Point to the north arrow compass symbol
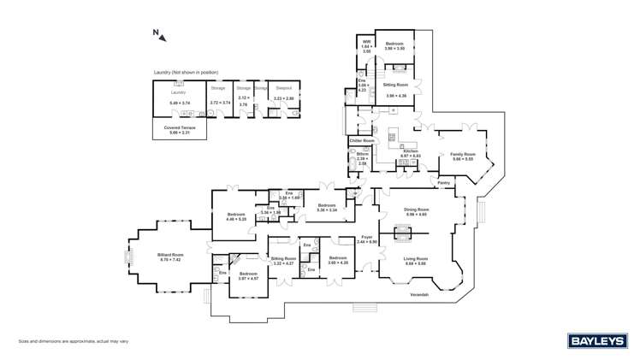[157, 35]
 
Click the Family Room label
[462, 154]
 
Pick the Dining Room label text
[416, 210]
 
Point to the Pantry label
[444, 182]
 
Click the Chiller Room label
[362, 140]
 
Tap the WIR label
[366, 41]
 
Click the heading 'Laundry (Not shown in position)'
[186, 73]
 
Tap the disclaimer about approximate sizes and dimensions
[74, 340]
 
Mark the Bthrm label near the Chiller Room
[362, 155]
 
